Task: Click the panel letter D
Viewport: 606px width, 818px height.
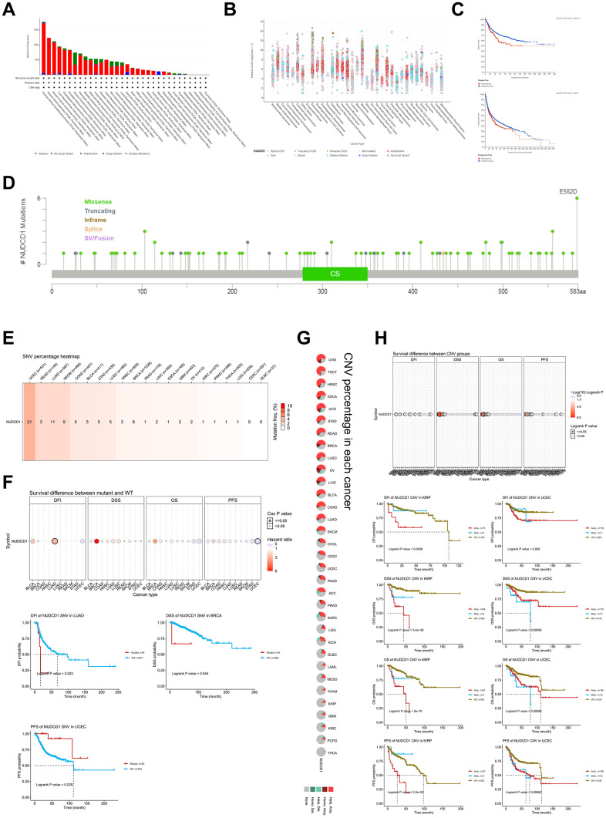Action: coord(10,183)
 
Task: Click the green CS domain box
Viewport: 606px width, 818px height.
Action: coord(335,273)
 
